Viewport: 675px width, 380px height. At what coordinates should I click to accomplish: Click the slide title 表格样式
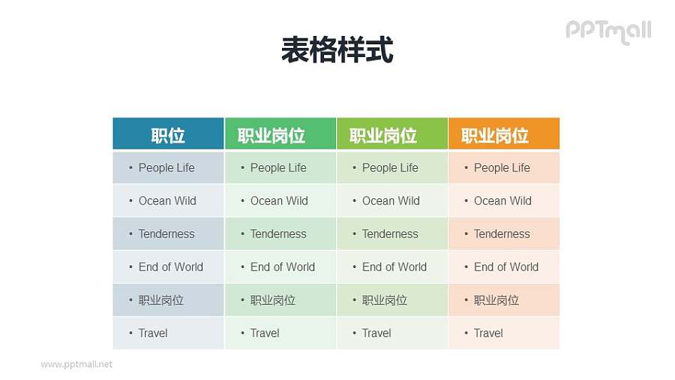[x=337, y=50]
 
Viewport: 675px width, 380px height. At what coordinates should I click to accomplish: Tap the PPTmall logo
[x=608, y=31]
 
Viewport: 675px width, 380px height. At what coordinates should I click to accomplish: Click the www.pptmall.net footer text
[x=76, y=364]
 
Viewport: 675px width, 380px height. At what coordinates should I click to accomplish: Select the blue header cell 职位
[x=168, y=135]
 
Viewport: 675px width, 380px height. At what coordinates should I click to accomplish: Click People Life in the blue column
[x=166, y=167]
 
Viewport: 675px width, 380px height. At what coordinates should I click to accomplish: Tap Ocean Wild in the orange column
[x=502, y=201]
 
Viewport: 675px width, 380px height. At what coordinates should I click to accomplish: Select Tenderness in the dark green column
[x=278, y=234]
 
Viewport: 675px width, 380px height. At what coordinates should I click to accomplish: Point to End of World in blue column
[x=171, y=267]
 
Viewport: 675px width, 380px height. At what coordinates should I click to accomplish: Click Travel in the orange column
[x=488, y=333]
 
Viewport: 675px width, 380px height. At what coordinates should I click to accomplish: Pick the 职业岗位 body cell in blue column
[x=161, y=300]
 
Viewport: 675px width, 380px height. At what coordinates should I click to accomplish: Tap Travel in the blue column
[x=153, y=333]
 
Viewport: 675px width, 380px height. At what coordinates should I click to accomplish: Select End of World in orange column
[x=506, y=267]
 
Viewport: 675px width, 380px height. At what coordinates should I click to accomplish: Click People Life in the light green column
[x=390, y=167]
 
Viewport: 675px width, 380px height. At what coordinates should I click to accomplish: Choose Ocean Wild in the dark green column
[x=279, y=201]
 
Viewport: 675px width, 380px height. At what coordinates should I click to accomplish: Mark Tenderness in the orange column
[x=502, y=234]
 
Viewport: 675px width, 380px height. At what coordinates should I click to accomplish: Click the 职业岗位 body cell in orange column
[x=496, y=300]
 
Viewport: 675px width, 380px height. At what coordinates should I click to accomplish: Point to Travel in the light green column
[x=376, y=333]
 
